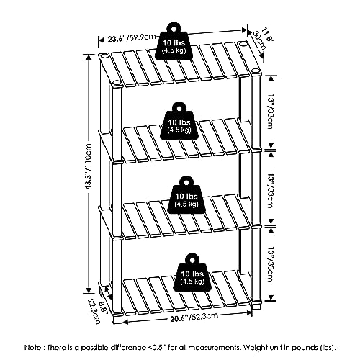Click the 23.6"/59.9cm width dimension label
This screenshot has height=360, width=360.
(x=131, y=38)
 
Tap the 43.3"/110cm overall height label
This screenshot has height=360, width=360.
(x=88, y=166)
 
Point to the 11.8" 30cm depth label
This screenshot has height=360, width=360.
(x=263, y=40)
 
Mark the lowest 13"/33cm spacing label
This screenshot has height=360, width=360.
(x=271, y=264)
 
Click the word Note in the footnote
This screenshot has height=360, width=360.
(x=32, y=348)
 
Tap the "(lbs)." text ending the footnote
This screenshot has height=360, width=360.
(x=328, y=348)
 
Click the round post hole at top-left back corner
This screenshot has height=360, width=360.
(x=104, y=57)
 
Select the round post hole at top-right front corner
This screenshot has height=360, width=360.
(x=256, y=71)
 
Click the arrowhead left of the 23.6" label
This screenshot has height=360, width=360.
(x=102, y=40)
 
